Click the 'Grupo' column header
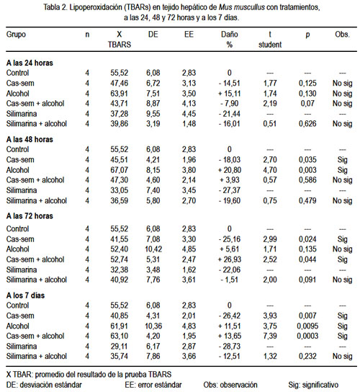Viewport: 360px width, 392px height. tap(16, 35)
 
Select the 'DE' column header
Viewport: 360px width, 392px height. tap(153, 35)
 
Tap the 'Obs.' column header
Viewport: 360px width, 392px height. tap(342, 35)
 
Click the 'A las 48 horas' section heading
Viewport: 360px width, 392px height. tap(30, 139)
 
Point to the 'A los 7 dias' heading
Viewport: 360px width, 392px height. tap(25, 295)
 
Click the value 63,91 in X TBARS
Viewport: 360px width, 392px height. tap(120, 94)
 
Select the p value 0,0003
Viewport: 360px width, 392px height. tap(307, 336)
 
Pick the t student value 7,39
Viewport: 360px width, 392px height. tap(270, 336)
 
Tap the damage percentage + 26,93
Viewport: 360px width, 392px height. tap(230, 259)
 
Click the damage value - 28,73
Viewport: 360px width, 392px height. tap(230, 347)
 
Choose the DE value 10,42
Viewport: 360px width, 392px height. tap(153, 249)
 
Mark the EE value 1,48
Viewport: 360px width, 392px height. tap(189, 124)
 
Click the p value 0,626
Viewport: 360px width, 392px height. tap(307, 124)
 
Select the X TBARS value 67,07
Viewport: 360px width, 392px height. tap(120, 170)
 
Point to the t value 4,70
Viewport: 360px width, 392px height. tap(270, 170)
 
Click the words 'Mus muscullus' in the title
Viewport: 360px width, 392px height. tap(242, 7)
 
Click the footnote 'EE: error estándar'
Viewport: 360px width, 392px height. tap(153, 385)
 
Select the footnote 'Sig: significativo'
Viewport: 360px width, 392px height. tap(313, 385)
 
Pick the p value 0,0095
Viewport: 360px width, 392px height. tap(307, 326)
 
